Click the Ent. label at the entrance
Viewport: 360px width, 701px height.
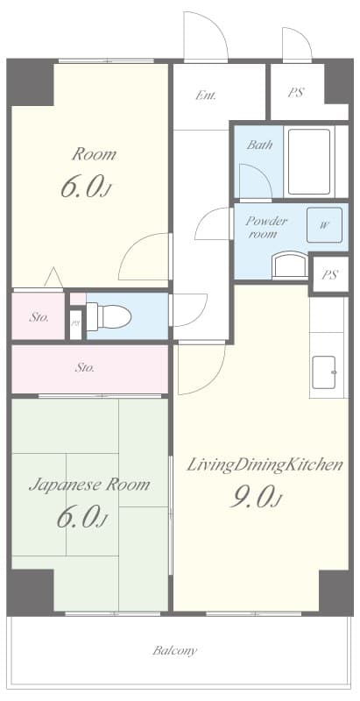[206, 96]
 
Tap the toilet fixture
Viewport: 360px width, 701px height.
[109, 316]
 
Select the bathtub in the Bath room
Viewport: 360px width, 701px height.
[309, 161]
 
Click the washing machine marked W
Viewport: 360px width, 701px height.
[324, 225]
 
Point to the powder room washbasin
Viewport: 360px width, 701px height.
[290, 266]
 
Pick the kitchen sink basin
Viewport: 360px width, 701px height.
[324, 372]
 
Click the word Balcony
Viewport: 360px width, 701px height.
[174, 650]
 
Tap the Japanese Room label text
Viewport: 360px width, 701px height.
[89, 485]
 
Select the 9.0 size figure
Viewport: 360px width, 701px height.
[255, 498]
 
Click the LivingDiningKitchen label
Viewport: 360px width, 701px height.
[265, 465]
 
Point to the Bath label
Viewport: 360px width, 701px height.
[259, 145]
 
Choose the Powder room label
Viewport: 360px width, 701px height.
[266, 227]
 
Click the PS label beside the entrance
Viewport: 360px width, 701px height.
[296, 93]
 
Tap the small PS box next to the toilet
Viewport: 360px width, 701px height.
[76, 324]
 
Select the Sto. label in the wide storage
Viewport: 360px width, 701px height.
[85, 368]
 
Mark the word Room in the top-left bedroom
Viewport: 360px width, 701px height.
[94, 155]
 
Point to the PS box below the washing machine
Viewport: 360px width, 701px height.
[329, 274]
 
